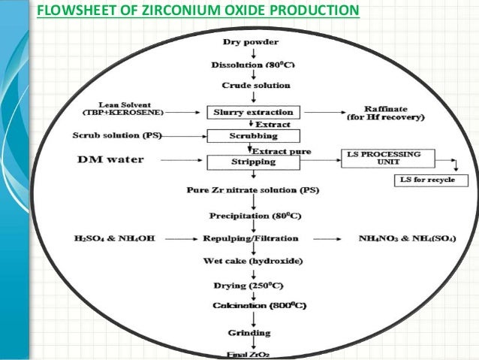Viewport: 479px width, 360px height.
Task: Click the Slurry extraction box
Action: tap(253, 113)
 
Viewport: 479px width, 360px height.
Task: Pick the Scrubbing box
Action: tap(253, 137)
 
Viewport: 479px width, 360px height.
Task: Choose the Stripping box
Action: tap(253, 160)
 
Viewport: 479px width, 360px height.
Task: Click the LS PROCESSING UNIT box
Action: tap(390, 159)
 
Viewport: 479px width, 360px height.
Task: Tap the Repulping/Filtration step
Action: tap(250, 238)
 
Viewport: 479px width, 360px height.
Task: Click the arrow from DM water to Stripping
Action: tap(180, 160)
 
